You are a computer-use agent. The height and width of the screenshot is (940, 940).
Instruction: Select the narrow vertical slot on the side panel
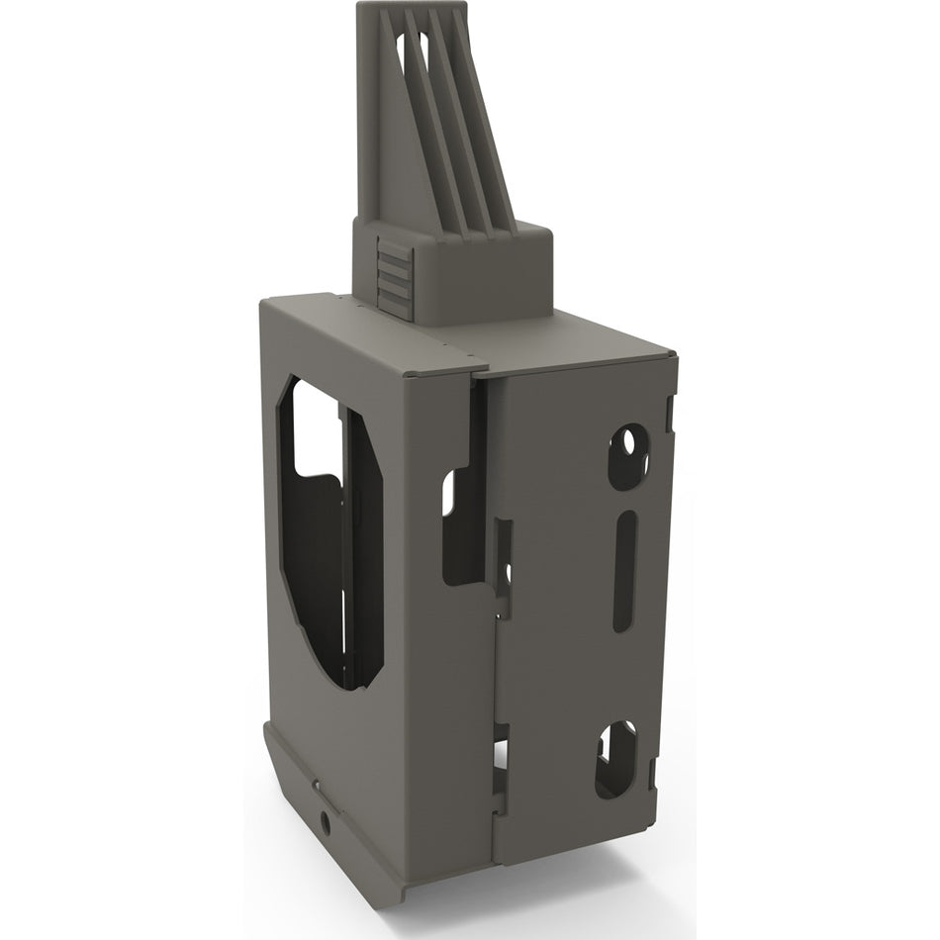click(624, 571)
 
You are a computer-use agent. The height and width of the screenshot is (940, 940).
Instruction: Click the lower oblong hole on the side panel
click(615, 759)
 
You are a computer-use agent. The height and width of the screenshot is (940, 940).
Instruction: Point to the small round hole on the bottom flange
click(325, 820)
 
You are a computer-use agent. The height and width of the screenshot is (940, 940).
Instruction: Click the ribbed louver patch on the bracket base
click(395, 278)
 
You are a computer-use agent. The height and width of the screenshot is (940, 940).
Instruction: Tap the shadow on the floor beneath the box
click(554, 871)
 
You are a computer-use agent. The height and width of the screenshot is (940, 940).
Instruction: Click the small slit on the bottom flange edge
click(316, 787)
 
